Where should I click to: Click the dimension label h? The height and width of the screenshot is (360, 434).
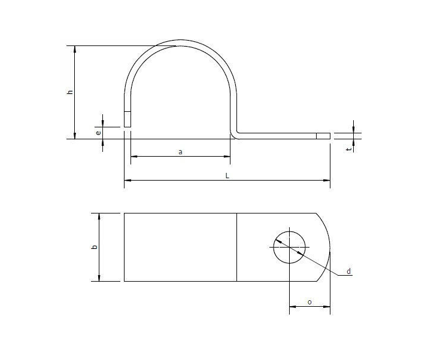(x=70, y=92)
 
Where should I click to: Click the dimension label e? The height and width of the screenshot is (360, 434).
(x=98, y=133)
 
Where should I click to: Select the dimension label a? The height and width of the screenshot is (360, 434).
(x=180, y=152)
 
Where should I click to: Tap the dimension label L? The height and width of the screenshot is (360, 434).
(x=227, y=175)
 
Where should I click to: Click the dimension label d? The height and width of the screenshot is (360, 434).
(x=348, y=273)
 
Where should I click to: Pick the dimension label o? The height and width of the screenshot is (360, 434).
(x=309, y=302)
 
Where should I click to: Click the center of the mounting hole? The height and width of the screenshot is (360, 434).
(x=289, y=246)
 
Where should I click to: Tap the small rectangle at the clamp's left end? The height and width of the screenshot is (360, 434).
(x=127, y=118)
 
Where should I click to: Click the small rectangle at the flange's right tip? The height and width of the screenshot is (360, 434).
(x=323, y=136)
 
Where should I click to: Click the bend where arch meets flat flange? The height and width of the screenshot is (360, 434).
(x=235, y=134)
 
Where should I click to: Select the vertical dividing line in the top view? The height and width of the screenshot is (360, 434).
(x=236, y=246)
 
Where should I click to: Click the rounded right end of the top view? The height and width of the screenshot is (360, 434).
(x=329, y=246)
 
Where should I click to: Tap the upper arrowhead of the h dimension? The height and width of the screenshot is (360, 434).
(x=75, y=48)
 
